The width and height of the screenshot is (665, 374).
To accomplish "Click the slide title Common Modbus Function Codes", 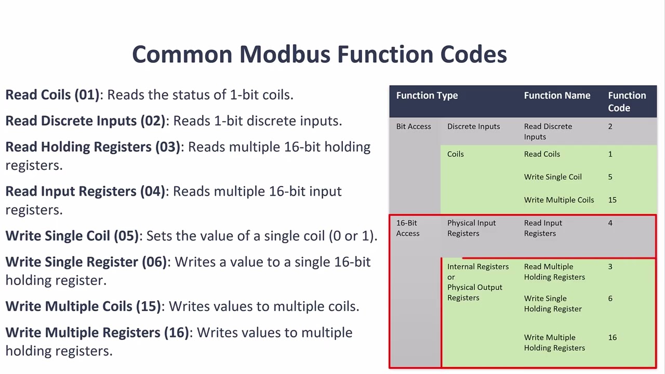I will tap(319, 55).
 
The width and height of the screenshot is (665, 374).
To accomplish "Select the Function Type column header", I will tap(427, 96).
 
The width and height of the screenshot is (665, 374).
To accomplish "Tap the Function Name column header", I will tap(556, 96).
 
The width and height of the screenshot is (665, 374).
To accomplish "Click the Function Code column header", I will tap(627, 102).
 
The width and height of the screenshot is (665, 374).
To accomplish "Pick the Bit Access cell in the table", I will tap(413, 126).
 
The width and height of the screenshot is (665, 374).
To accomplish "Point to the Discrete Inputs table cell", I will tap(473, 126).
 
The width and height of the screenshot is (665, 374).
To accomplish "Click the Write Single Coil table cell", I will tap(552, 177).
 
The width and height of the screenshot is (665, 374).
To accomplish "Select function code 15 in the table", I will tap(612, 200).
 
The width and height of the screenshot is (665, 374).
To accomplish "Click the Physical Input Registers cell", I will tap(471, 228).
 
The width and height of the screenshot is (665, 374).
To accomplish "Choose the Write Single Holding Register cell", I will tap(552, 303).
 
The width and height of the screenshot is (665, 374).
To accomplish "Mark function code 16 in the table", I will tap(612, 338).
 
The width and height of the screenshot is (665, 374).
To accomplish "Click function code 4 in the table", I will tap(610, 223).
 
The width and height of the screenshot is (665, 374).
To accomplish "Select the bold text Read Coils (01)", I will tap(52, 95).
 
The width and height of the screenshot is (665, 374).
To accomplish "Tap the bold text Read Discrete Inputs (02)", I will tap(85, 121).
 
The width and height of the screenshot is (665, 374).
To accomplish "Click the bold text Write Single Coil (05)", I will tap(72, 236).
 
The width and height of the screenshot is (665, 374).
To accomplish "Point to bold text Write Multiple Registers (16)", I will tap(97, 332).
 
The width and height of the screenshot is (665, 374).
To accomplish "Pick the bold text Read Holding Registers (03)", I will tap(92, 147).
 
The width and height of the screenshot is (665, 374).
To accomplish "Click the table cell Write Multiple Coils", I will tap(558, 200).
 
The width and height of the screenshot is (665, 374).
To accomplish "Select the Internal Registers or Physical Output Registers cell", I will tap(477, 282).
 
